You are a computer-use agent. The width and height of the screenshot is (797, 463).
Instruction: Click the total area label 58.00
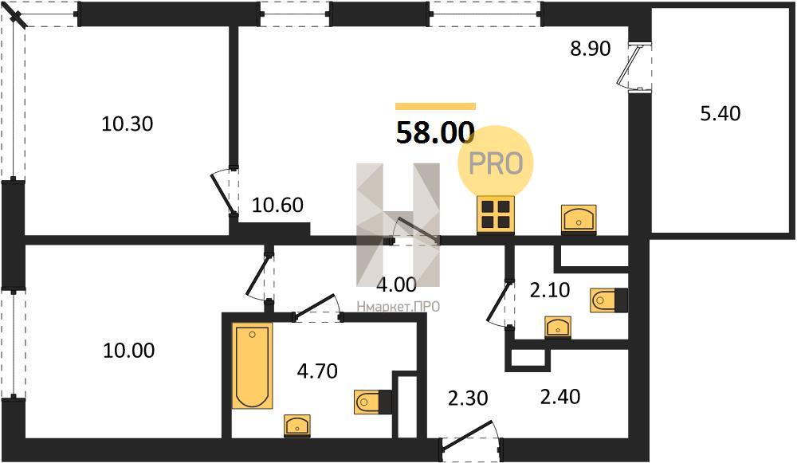tap(435, 132)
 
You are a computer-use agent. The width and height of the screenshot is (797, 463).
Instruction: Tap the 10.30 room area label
tap(127, 124)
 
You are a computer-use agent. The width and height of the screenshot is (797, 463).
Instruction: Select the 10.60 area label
tap(277, 205)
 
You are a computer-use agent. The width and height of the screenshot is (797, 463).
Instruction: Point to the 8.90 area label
tap(590, 49)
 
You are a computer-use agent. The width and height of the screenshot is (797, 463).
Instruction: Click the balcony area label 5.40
tap(720, 113)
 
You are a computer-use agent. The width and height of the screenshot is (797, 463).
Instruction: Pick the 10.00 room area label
tap(128, 350)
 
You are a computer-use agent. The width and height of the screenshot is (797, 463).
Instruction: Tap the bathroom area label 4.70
tap(317, 371)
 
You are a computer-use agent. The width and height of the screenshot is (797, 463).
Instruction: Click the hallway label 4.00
tap(396, 284)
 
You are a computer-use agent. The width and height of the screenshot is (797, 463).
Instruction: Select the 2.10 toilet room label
tap(549, 290)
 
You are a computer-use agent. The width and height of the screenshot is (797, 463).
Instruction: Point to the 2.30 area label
tap(468, 398)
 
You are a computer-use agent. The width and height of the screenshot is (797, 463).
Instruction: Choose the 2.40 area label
tap(560, 396)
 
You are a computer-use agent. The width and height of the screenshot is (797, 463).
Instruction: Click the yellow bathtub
tap(253, 366)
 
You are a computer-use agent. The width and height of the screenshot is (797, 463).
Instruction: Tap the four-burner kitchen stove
tap(496, 214)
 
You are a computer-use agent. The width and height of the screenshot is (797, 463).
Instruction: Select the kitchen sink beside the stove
tap(579, 219)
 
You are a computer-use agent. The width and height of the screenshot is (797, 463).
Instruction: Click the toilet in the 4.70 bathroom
tap(373, 402)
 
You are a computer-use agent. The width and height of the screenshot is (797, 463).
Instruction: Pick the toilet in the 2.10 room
tap(609, 300)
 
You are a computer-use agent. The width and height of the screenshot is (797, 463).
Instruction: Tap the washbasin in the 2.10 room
tap(558, 328)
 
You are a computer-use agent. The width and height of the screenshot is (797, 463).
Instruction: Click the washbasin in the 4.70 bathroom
tap(297, 426)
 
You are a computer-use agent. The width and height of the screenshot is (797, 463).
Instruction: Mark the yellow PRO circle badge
tap(496, 163)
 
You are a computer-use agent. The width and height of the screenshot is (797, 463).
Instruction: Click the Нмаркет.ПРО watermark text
tap(398, 307)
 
